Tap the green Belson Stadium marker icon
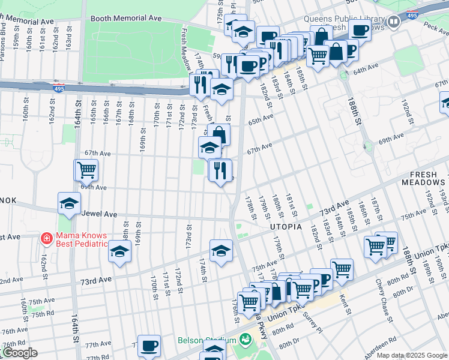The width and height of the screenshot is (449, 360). pos(244,340)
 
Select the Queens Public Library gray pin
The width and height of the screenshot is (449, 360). pos(394,23)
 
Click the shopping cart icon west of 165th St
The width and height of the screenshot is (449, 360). pos(86,170)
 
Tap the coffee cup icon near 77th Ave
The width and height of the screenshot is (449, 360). pos(149,346)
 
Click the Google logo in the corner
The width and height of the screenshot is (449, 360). pos(19,353)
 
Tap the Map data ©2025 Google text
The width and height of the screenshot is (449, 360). pos(412,355)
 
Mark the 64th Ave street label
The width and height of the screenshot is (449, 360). pos(368,71)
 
